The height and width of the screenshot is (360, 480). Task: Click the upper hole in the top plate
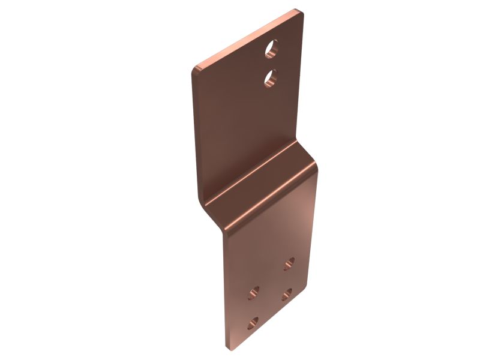tap(272, 49)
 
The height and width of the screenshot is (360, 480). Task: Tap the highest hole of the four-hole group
tap(289, 263)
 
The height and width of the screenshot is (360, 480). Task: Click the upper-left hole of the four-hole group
tap(254, 293)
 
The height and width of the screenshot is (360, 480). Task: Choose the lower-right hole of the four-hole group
tap(287, 293)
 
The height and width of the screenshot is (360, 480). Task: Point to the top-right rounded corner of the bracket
tap(298, 12)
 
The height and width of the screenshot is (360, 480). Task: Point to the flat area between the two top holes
tap(272, 63)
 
